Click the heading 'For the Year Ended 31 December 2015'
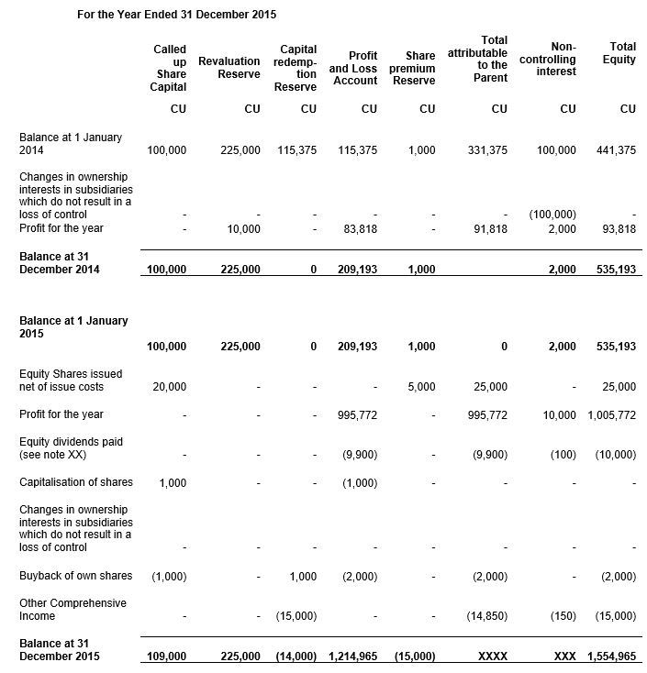[176, 15]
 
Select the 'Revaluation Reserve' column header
[229, 67]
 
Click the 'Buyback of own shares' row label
[76, 576]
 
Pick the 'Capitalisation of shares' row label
[76, 482]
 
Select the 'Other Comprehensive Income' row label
[73, 610]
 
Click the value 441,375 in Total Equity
[615, 150]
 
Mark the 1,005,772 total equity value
[611, 415]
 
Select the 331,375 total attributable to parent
[486, 150]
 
